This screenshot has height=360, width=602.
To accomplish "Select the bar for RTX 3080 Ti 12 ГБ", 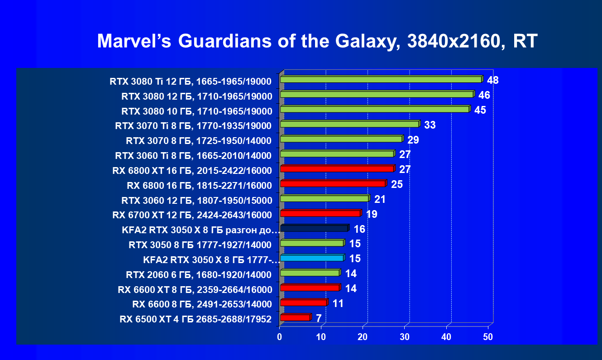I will [x=381, y=80].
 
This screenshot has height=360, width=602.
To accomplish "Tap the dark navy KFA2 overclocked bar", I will [x=314, y=228].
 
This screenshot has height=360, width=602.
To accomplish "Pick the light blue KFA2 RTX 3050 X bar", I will [x=312, y=258].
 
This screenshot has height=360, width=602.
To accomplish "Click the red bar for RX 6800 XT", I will [x=337, y=169].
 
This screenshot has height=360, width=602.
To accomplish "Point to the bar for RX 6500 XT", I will [x=295, y=317].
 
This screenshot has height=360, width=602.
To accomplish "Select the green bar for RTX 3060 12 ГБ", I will [x=325, y=198].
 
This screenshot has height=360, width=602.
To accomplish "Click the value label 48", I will [x=492, y=81].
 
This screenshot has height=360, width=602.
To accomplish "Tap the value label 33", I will [x=430, y=125].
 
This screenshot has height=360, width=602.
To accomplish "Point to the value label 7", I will [x=319, y=318].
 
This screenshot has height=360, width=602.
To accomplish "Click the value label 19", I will [x=372, y=214].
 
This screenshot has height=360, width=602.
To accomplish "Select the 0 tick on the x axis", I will [x=280, y=337].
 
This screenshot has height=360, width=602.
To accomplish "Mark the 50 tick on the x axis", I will [x=487, y=337].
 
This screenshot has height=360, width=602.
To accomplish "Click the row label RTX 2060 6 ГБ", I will [x=199, y=274].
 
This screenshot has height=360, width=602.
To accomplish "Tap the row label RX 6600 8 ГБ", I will [x=202, y=304].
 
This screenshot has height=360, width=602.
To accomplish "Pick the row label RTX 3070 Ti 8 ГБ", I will [x=194, y=126].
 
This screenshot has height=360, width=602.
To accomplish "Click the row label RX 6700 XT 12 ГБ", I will [x=192, y=215].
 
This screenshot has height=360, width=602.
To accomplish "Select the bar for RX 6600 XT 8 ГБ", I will [x=310, y=288].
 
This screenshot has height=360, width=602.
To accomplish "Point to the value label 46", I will [x=484, y=95].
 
